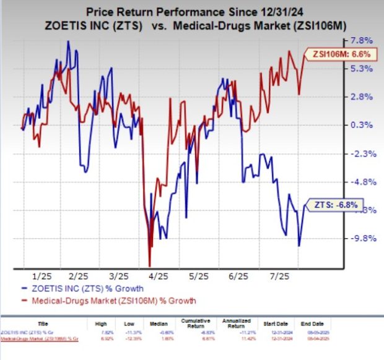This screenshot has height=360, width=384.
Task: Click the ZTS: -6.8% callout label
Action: click(333, 204)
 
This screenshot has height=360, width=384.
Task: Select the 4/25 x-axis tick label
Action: click(159, 276)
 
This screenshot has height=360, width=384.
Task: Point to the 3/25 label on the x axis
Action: click(118, 276)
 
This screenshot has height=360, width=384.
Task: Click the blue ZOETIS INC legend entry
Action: click(93, 289)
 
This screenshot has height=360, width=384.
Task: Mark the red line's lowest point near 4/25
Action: click(149, 265)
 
